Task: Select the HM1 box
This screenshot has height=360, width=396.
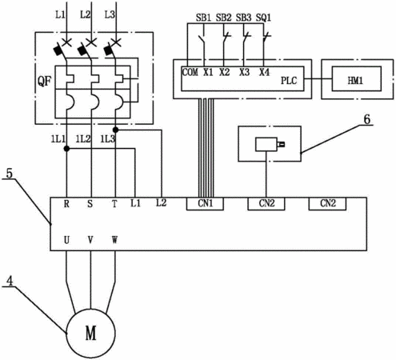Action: click(356, 79)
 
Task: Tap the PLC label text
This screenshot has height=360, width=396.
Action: click(289, 80)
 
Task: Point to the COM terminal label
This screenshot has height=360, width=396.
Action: click(190, 72)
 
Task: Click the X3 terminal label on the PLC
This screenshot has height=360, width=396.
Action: click(244, 72)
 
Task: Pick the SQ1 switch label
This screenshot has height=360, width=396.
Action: click(263, 18)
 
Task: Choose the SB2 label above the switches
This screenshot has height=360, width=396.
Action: click(223, 18)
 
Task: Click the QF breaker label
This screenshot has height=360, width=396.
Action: click(44, 81)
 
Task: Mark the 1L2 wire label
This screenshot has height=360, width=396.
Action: click(83, 139)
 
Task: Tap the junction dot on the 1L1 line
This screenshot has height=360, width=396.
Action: click(66, 149)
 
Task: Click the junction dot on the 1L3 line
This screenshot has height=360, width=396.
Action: click(115, 130)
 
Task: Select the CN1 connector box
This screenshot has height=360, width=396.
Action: click(205, 204)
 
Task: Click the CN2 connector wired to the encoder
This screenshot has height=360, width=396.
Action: click(266, 204)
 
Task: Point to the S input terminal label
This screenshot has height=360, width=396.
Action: click(90, 204)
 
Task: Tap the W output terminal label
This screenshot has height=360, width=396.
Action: click(114, 240)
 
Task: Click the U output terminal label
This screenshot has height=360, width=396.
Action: click(66, 240)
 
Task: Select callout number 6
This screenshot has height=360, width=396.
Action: click(367, 119)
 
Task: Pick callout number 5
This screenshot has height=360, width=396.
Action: click(10, 174)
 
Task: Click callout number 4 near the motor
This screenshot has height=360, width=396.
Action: click(10, 281)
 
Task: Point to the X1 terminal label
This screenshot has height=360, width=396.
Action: click(208, 72)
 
